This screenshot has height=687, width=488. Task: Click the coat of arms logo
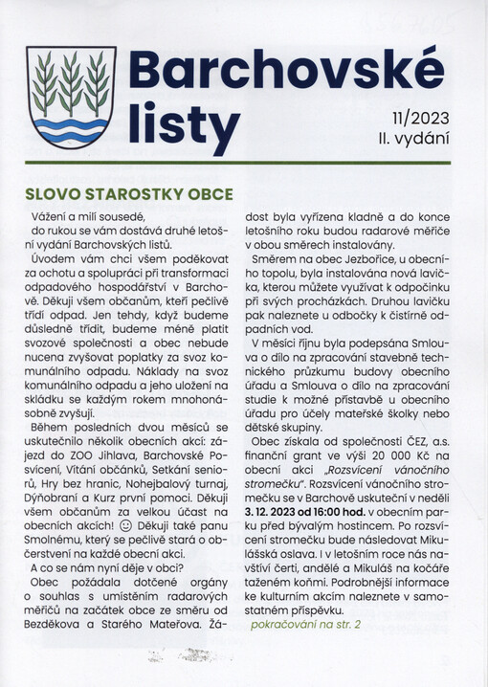coord(71,99)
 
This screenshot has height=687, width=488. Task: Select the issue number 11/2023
coord(419,121)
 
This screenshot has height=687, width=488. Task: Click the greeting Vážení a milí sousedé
coord(92,218)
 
